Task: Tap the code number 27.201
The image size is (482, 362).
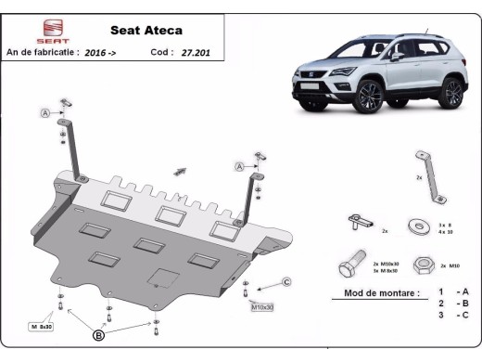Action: [196, 53]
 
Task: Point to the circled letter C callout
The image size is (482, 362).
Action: [286, 281]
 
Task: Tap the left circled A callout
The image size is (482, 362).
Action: [44, 113]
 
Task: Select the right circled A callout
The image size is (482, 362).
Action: [238, 166]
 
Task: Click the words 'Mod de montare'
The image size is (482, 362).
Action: [374, 292]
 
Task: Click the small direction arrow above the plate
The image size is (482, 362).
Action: [180, 171]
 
